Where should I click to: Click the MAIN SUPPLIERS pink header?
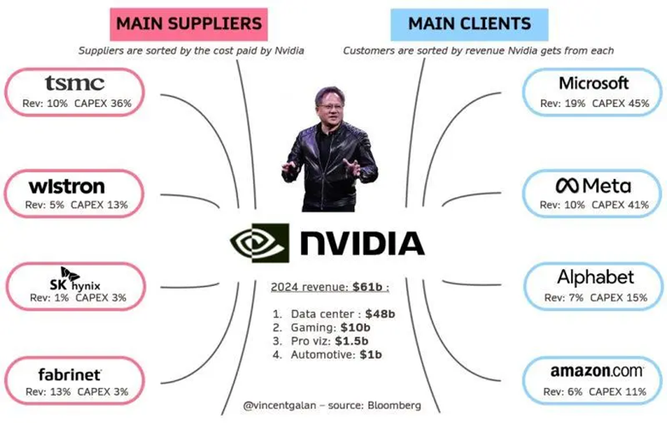pyautogui.click(x=186, y=23)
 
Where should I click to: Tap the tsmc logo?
pyautogui.click(x=75, y=83)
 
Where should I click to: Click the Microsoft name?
pyautogui.click(x=593, y=83)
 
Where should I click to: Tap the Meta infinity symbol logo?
pyautogui.click(x=565, y=186)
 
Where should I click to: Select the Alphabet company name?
pyautogui.click(x=595, y=277)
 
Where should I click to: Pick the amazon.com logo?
pyautogui.click(x=596, y=372)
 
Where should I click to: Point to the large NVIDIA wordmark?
pyautogui.click(x=361, y=244)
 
